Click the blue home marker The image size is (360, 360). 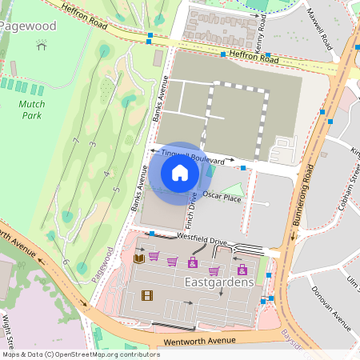180,173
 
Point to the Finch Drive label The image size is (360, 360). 192,206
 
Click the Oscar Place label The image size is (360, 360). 222,197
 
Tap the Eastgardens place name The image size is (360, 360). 219,282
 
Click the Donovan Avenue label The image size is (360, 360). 331,308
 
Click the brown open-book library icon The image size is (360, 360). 138,258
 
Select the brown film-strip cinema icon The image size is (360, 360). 146,295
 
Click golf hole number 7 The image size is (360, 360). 76,142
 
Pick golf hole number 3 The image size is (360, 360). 94,144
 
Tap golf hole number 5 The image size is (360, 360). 116,190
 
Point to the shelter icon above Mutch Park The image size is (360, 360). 42,46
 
